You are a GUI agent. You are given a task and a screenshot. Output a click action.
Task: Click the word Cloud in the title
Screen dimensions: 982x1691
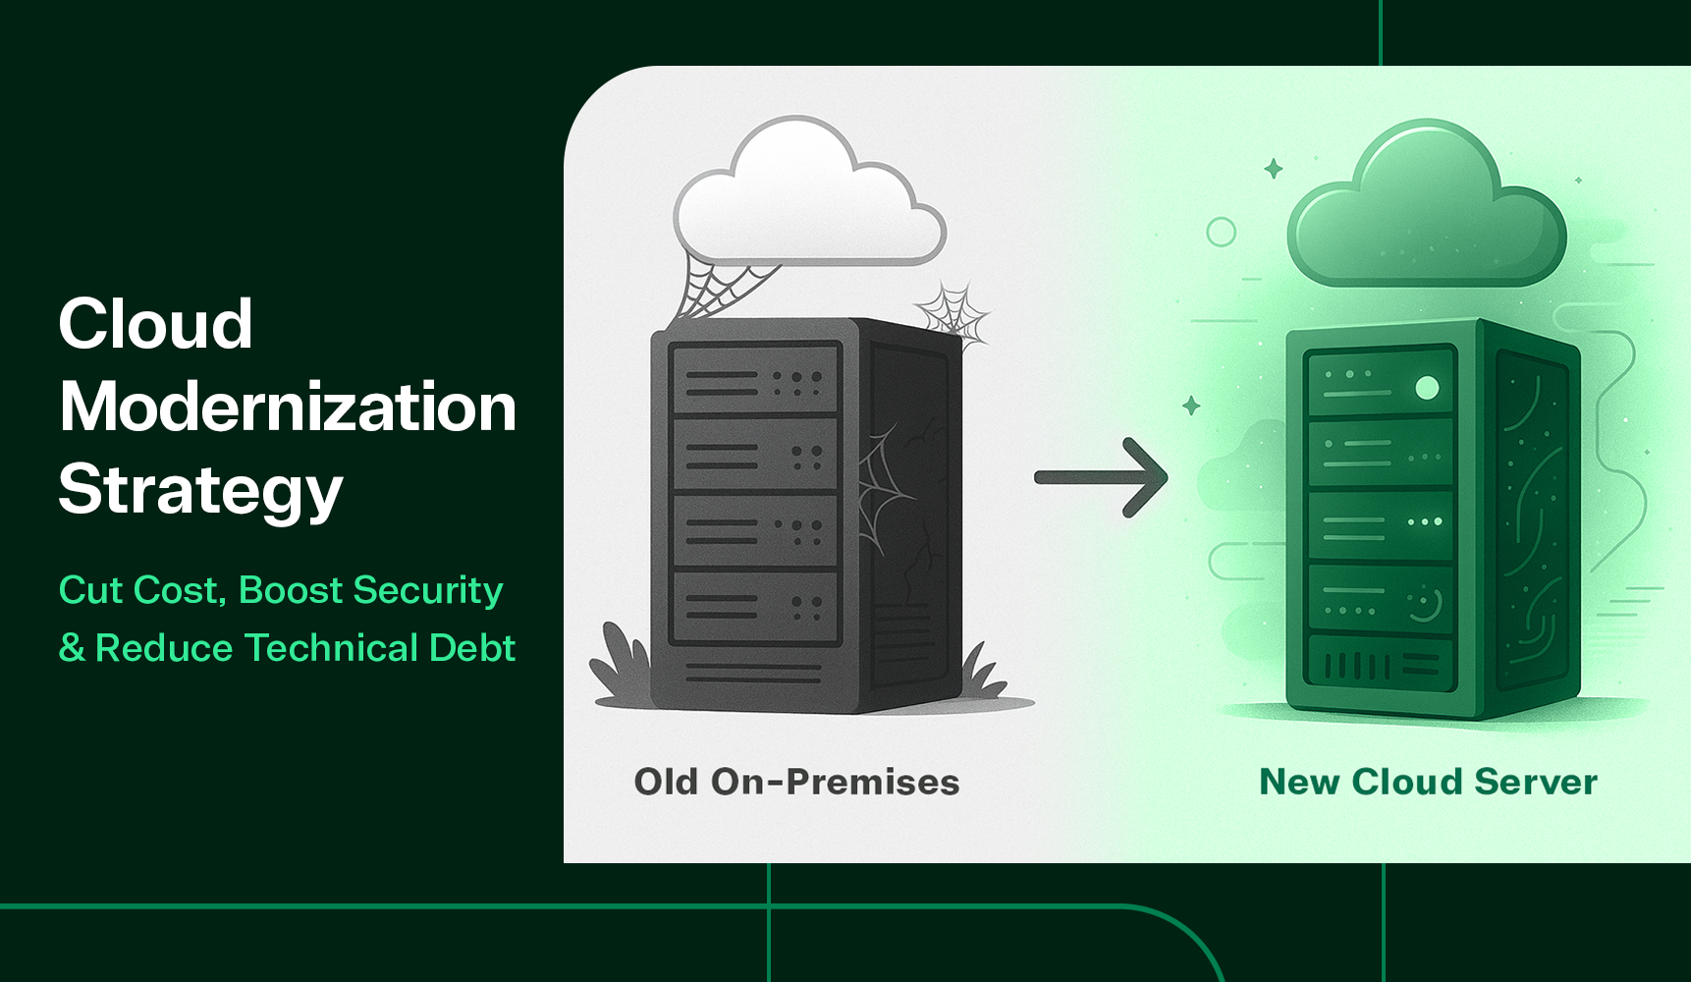[155, 324]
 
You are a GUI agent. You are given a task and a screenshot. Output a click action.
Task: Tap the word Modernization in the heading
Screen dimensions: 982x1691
[287, 407]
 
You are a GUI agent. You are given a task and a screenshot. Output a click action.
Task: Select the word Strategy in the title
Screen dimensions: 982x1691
[200, 489]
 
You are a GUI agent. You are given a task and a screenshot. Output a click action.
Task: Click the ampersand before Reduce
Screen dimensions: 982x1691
[72, 648]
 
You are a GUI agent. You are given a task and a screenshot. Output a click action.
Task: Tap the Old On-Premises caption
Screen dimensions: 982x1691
[796, 782]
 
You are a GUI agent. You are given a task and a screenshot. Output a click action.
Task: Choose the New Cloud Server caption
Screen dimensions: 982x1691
[1428, 782]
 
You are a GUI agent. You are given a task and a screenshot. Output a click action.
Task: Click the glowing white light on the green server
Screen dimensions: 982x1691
[1427, 388]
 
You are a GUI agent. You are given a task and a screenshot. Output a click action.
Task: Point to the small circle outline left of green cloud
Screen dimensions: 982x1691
[1221, 232]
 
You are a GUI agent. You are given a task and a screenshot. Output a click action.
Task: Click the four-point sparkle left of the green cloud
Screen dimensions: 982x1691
[1274, 169]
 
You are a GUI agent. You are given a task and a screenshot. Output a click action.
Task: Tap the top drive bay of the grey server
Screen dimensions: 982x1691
[754, 379]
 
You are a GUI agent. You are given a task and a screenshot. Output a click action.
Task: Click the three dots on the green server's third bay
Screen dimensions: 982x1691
[1425, 521]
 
